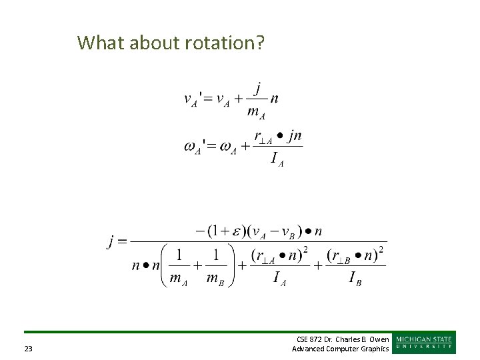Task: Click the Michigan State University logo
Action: (424, 341)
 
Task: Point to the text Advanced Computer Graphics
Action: (341, 349)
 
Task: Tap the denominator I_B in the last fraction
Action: (355, 278)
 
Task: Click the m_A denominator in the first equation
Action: (256, 113)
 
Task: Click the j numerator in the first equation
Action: (257, 87)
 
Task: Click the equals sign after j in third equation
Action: (123, 241)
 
